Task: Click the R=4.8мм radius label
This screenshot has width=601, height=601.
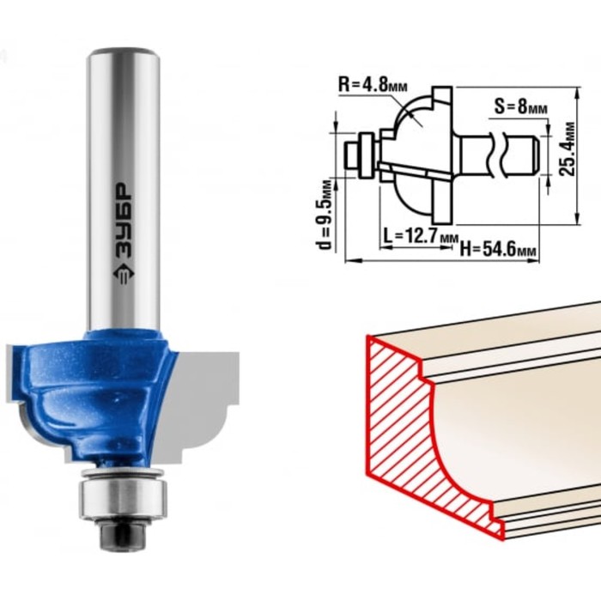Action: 373,85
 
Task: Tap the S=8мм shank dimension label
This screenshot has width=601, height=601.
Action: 520,106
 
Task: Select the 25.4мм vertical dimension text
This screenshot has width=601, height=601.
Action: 568,149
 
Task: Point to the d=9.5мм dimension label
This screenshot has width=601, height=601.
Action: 325,215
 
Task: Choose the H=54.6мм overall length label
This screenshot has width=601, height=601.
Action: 498,250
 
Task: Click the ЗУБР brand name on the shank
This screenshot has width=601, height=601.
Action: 124,220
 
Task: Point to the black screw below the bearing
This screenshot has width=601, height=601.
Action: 123,535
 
